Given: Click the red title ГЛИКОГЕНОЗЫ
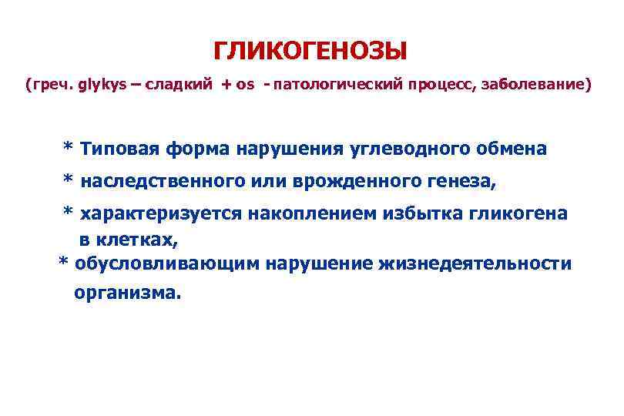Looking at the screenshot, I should click(x=309, y=52).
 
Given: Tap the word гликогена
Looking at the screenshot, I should click(x=517, y=213).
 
